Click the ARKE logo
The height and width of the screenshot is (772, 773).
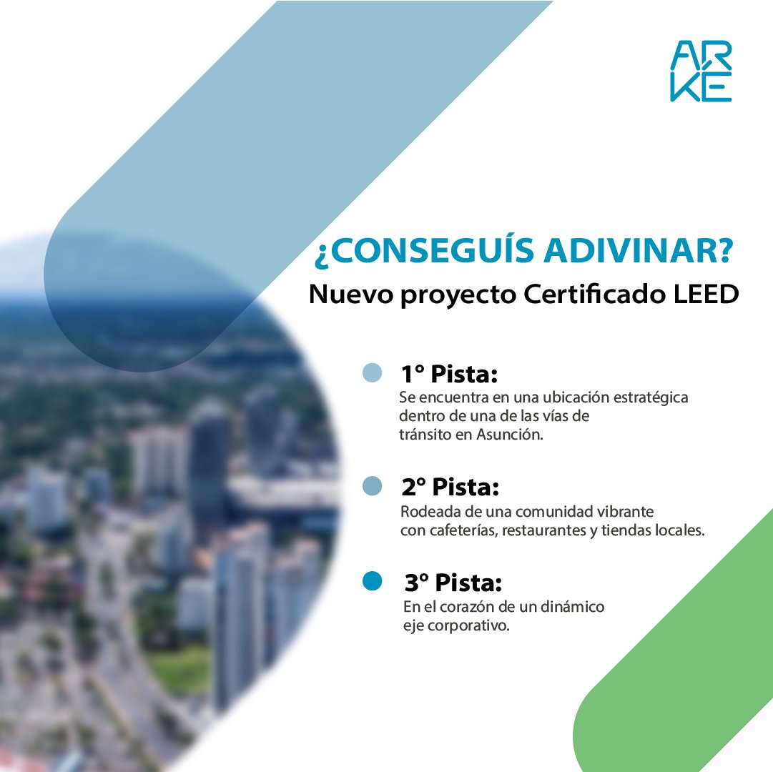[701, 70]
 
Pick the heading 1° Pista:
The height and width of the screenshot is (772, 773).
[448, 375]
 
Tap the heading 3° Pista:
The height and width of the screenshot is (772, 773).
[451, 583]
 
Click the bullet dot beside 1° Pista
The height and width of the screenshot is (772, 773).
[373, 373]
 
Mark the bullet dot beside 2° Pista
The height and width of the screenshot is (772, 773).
[373, 486]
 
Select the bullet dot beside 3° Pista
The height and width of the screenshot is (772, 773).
[373, 582]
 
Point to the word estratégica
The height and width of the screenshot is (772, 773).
[651, 397]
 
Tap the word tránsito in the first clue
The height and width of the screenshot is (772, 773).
[424, 435]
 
